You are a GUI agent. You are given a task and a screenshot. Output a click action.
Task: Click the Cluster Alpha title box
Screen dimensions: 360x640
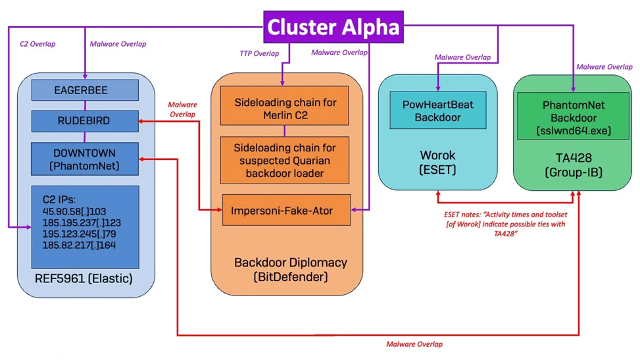tap(333, 28)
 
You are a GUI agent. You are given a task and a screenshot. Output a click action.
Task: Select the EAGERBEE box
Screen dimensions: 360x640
tap(85, 90)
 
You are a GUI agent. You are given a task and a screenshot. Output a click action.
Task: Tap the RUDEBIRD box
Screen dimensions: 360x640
tap(85, 122)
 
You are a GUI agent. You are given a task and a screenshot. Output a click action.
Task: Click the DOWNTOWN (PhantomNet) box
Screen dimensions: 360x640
tap(85, 159)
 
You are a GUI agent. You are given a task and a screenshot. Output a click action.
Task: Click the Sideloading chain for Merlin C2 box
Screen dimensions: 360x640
tap(284, 109)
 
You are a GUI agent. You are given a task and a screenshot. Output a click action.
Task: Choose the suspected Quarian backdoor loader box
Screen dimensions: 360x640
tap(284, 160)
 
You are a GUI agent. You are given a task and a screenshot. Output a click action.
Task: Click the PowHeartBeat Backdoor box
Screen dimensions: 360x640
tap(438, 111)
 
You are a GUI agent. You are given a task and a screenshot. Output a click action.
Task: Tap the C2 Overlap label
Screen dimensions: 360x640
tap(38, 45)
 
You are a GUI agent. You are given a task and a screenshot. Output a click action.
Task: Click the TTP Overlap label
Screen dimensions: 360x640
tap(260, 54)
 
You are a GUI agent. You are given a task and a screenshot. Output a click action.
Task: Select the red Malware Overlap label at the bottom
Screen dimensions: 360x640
tap(414, 344)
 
